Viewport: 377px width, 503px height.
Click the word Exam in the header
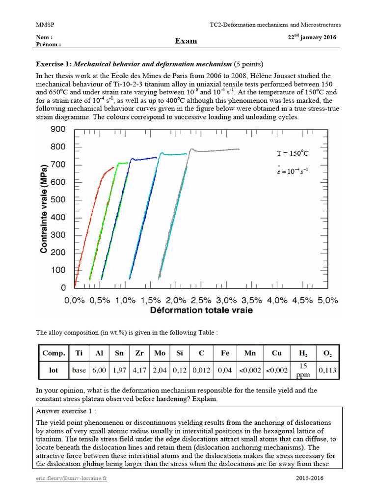click(x=186, y=41)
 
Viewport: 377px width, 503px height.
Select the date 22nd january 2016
click(x=312, y=38)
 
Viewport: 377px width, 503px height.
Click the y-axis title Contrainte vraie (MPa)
click(x=44, y=208)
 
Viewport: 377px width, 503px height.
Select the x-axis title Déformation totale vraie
click(x=201, y=310)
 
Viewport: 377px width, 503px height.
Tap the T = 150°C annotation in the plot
click(x=293, y=154)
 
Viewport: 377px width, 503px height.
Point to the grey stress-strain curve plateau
click(x=216, y=149)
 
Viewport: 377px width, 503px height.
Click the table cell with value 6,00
click(x=99, y=370)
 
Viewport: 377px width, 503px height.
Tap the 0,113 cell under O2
click(x=327, y=370)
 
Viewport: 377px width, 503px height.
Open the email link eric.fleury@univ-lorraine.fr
click(x=71, y=478)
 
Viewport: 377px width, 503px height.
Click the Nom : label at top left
click(x=44, y=37)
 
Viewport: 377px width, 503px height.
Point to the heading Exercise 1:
click(x=54, y=64)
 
